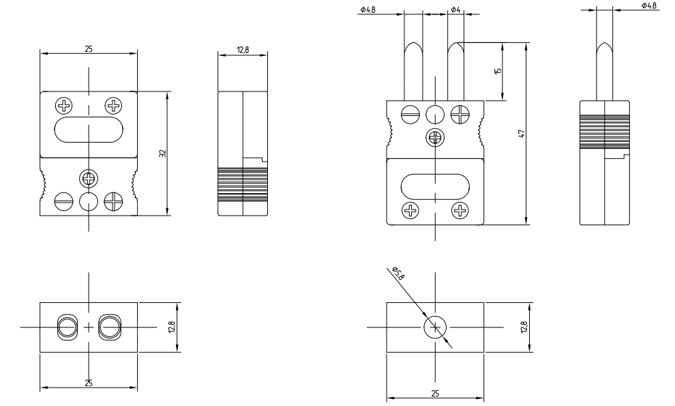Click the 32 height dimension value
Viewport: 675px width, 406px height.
[x=162, y=154]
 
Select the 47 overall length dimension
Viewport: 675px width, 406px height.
[x=520, y=134]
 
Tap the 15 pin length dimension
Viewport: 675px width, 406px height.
[x=498, y=71]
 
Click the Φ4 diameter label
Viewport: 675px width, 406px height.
[x=455, y=10]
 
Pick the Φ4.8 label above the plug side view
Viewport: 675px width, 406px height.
[x=649, y=5]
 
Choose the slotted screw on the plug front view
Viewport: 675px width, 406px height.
[x=410, y=114]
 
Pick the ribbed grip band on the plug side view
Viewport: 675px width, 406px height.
[x=605, y=130]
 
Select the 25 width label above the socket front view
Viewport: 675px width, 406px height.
[x=88, y=48]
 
